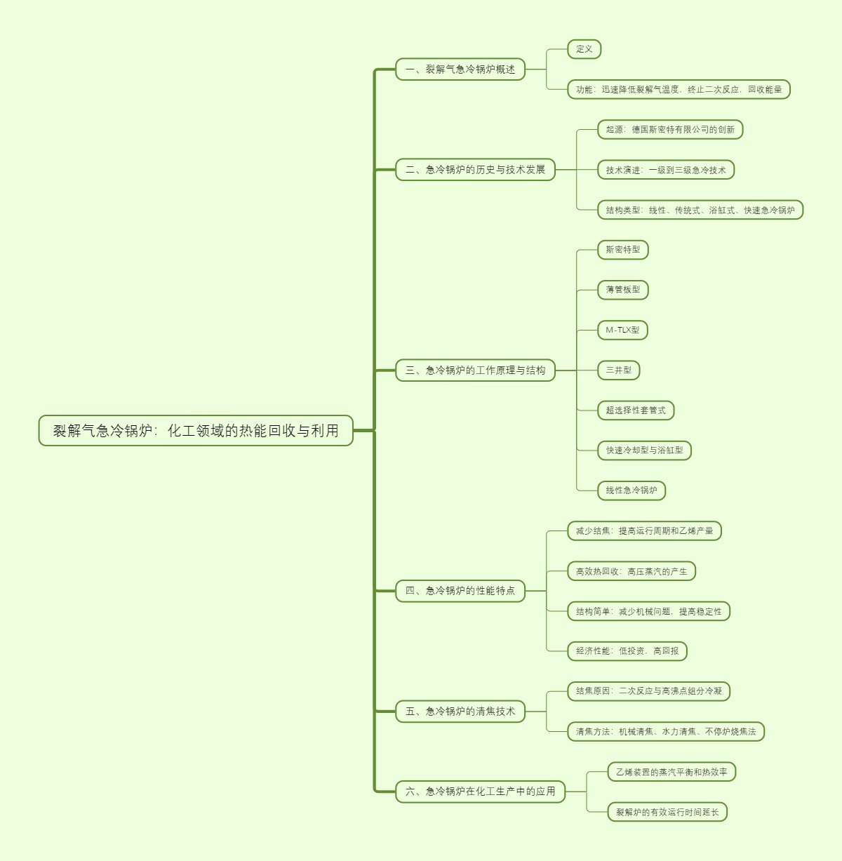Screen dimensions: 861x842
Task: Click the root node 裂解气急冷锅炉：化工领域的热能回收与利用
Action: pos(196,430)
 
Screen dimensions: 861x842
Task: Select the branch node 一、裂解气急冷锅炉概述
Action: pos(460,69)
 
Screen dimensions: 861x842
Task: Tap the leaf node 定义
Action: pos(584,49)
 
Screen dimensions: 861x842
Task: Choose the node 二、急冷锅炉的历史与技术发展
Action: pos(475,170)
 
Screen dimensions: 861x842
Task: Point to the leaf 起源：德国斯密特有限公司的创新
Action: pos(670,130)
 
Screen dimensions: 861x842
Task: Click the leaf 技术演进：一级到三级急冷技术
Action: pos(666,170)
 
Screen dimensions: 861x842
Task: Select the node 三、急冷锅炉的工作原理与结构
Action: pos(475,371)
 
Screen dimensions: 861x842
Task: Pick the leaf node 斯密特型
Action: pos(623,250)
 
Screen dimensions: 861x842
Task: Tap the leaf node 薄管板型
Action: pos(623,290)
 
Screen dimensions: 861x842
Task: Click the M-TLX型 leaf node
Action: pos(623,330)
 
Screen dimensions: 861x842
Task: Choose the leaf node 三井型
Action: pos(619,371)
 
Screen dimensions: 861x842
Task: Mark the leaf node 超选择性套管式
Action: pos(636,411)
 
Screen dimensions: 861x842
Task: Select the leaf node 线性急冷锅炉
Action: pos(631,490)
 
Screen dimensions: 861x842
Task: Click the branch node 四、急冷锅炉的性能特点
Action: pos(460,591)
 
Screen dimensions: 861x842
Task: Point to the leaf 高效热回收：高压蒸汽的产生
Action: pos(631,571)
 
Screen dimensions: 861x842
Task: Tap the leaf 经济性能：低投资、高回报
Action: pos(627,651)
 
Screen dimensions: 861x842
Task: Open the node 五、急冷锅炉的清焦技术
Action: pos(460,712)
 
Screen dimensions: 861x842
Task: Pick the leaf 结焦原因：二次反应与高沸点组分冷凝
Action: pos(649,691)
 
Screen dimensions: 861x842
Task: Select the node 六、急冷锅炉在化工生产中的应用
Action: pos(480,792)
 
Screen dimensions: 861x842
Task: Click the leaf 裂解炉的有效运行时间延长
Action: pos(667,812)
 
